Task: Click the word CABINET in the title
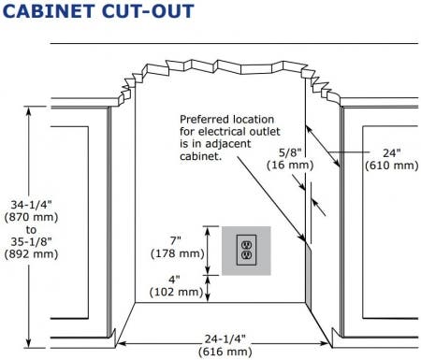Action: tap(49, 11)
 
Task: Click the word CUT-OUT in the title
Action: tap(148, 11)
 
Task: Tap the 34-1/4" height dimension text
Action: tap(31, 205)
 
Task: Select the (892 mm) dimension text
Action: tap(31, 254)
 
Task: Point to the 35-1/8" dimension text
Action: tap(31, 241)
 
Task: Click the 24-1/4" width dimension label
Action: tap(225, 338)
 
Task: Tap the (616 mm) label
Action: tap(225, 352)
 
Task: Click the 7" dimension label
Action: tap(175, 240)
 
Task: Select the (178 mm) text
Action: tap(177, 253)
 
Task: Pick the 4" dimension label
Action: tap(174, 280)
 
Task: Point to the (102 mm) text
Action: tap(176, 292)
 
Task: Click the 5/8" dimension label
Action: tap(290, 152)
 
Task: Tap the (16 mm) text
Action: tap(290, 165)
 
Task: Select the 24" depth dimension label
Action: tap(391, 152)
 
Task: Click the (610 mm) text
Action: tap(392, 166)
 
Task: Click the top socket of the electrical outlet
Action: tap(246, 244)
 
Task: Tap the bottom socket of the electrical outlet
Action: tap(246, 255)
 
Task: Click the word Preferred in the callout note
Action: tap(201, 120)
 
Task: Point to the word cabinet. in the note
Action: tap(200, 156)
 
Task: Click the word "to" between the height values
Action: tap(31, 230)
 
